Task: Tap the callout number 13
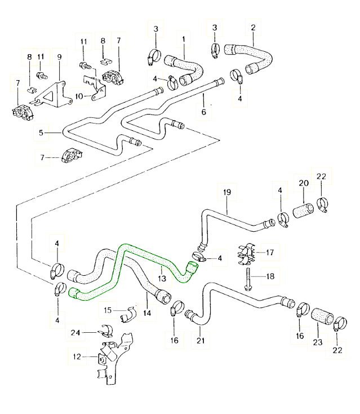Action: click(x=161, y=278)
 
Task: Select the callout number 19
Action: click(x=227, y=192)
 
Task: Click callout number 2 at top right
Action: click(x=254, y=27)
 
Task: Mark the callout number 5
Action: click(x=41, y=133)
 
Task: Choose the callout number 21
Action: click(x=200, y=341)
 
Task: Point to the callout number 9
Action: click(x=59, y=56)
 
